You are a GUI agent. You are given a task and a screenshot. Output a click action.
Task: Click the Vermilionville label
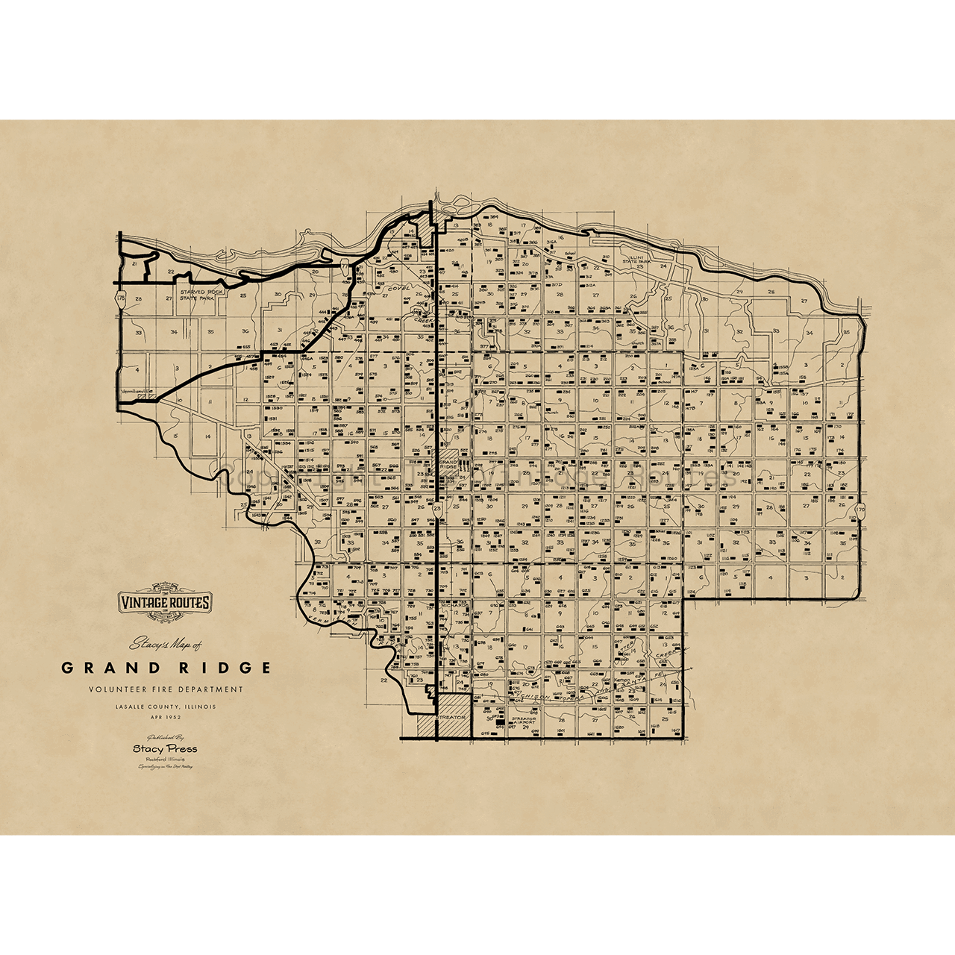coord(137,390)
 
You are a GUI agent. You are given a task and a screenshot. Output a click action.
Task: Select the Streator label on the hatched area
coord(451,717)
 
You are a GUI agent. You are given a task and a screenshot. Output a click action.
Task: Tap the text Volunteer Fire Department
coord(165,690)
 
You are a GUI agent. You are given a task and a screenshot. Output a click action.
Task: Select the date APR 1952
coord(165,718)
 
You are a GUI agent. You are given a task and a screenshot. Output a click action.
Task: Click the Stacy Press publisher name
coord(165,748)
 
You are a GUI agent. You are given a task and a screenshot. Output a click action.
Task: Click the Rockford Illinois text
coord(165,759)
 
